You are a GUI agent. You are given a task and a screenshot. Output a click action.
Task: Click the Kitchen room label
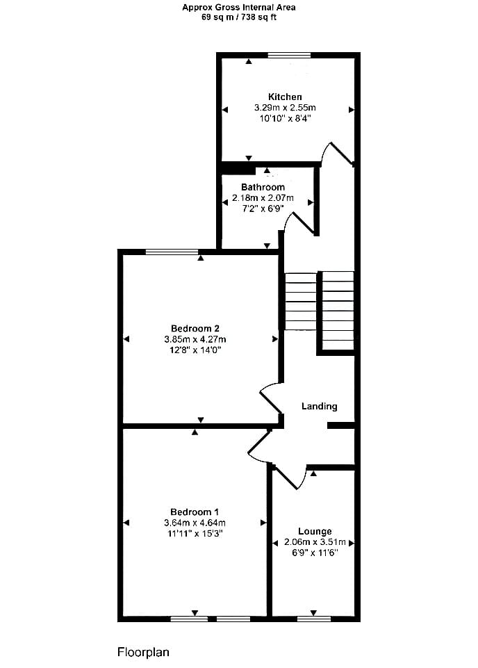(285, 97)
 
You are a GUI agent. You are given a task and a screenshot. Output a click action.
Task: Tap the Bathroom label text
(263, 187)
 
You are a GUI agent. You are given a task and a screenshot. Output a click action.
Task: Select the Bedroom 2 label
(195, 329)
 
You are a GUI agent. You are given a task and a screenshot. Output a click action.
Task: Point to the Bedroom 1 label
(195, 512)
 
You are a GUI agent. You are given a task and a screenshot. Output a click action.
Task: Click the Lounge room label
(315, 532)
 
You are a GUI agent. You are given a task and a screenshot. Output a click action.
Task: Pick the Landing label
(319, 407)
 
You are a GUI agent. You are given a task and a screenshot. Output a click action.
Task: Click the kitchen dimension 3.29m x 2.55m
(285, 108)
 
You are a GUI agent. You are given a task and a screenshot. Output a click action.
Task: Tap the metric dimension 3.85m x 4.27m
(195, 339)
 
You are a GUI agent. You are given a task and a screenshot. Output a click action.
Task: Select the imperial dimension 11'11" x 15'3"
(195, 534)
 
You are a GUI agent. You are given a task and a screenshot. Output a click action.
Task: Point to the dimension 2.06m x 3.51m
(315, 542)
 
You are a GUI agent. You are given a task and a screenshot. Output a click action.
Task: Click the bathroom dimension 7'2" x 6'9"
(263, 209)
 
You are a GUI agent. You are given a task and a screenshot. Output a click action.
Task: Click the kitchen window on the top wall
(290, 55)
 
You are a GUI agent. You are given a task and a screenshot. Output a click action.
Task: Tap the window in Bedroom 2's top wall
(172, 252)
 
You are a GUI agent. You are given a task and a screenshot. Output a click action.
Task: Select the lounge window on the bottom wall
(314, 619)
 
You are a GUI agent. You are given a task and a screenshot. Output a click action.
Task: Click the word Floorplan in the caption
(143, 652)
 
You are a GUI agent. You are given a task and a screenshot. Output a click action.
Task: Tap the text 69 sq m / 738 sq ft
(239, 17)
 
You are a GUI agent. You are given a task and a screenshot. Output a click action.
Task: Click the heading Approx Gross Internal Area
(239, 7)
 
